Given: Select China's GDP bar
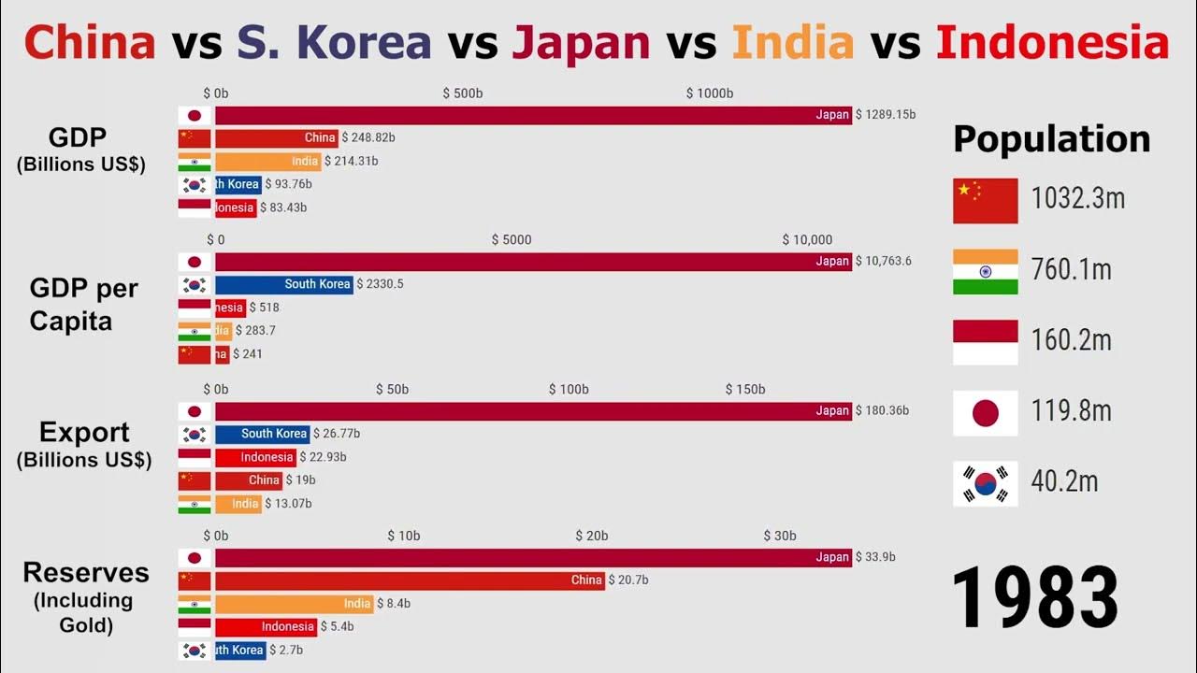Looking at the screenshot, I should tap(276, 138).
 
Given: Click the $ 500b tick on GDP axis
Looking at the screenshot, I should tap(462, 93).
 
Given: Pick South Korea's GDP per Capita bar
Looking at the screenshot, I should tap(283, 284).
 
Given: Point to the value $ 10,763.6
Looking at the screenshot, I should tap(883, 262).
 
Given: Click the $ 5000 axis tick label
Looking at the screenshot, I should tap(512, 240).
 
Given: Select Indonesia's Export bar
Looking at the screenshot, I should tap(255, 457).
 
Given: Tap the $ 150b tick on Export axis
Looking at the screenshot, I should tap(745, 389).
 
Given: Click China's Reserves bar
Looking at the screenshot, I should tap(410, 580).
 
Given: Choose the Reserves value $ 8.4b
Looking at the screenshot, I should tap(394, 604).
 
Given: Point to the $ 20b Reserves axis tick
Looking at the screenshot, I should tap(591, 536).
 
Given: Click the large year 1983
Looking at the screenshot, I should tap(1035, 595).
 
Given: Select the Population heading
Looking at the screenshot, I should tap(1051, 139).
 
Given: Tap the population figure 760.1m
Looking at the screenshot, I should tap(1071, 270).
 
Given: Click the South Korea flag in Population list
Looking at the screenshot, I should tap(986, 483).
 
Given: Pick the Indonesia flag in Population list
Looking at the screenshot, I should tap(986, 342).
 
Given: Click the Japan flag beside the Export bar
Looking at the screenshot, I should tap(195, 411).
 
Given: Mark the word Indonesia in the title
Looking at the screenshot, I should tap(1052, 42).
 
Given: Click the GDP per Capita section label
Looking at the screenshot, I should tap(83, 304).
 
